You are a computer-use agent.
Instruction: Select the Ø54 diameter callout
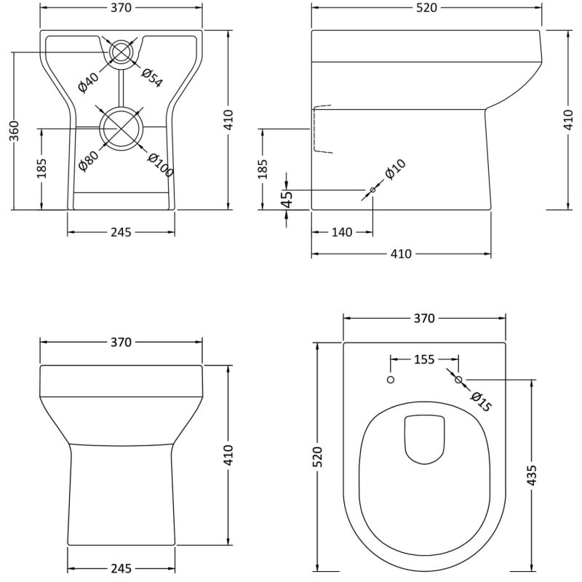(151, 77)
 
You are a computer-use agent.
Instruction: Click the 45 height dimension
(287, 198)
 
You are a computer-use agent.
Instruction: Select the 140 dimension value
(342, 232)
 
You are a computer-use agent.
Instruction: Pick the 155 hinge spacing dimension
(424, 359)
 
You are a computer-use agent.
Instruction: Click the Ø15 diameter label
(480, 401)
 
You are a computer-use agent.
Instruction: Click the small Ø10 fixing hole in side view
(372, 191)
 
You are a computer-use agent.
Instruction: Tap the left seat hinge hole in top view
(391, 380)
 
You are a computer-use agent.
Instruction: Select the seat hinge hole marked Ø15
(458, 379)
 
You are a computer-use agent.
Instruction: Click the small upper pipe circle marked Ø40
(121, 52)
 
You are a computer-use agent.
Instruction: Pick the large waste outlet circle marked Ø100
(121, 127)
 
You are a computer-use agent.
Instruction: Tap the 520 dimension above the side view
(426, 8)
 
